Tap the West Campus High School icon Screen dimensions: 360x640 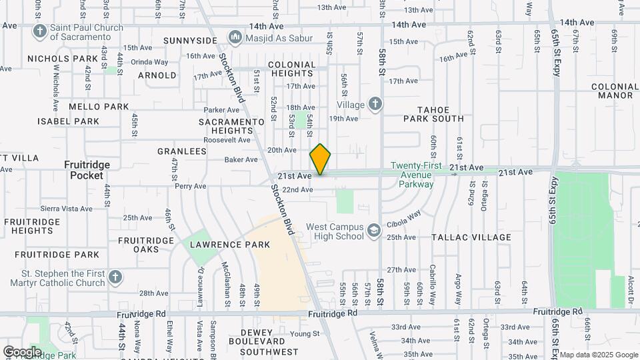[374, 231]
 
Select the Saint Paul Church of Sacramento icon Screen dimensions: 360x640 [40, 31]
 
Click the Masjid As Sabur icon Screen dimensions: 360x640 [235, 37]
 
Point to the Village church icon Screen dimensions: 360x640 [376, 105]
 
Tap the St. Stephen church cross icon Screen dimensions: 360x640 [115, 277]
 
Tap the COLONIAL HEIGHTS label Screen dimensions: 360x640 [291, 69]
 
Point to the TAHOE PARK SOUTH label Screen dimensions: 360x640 [433, 114]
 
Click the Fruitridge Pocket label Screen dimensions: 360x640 [87, 170]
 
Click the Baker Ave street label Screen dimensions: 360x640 [241, 159]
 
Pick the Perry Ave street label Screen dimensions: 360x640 [191, 186]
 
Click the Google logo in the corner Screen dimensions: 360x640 [22, 352]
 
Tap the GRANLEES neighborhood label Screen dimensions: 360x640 [181, 151]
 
